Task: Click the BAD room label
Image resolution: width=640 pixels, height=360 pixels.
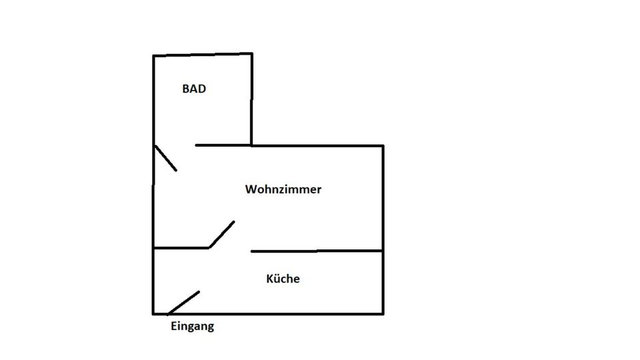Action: (194, 89)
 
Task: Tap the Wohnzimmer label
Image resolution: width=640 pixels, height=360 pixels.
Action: (283, 189)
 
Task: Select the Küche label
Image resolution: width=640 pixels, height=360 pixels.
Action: (283, 279)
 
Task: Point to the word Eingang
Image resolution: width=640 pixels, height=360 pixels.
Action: (193, 327)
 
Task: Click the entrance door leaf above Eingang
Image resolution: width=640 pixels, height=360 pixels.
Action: (184, 302)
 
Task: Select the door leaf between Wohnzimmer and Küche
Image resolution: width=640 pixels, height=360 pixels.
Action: (222, 234)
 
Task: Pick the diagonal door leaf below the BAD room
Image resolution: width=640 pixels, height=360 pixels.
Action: (165, 158)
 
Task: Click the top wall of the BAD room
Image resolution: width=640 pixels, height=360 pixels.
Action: (203, 55)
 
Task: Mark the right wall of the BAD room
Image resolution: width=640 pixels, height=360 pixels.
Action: (251, 100)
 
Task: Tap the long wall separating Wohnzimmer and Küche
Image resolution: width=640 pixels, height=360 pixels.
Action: (317, 251)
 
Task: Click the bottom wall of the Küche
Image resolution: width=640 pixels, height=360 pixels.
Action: (280, 313)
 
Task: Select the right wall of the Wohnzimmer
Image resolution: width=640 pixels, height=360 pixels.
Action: (383, 198)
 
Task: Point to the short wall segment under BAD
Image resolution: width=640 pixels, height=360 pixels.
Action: (223, 145)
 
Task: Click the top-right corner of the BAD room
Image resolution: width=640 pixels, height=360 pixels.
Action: (251, 54)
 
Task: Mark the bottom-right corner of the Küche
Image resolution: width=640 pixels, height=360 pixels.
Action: (383, 313)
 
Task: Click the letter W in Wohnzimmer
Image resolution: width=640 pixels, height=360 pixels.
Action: (251, 189)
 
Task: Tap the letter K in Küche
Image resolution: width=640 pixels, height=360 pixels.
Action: (270, 279)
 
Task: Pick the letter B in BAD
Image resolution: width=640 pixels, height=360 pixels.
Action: (186, 89)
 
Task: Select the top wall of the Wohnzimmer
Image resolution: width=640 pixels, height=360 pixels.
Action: (317, 145)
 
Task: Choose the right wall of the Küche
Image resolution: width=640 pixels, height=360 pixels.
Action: (383, 282)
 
